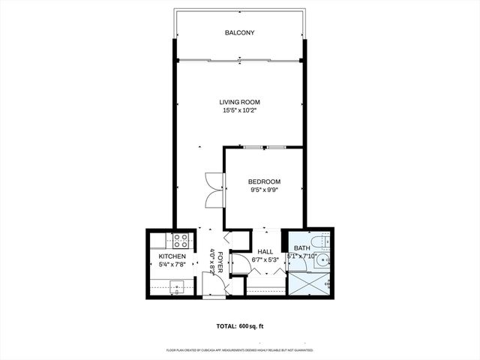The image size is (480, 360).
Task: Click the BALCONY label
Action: coord(240,33)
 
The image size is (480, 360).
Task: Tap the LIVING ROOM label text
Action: coord(240,102)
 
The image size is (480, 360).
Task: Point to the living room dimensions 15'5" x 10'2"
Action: coord(240,111)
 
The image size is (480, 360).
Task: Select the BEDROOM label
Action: coord(265,181)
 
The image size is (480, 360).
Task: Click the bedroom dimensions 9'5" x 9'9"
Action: coord(265,190)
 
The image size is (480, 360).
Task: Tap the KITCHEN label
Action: coord(172,256)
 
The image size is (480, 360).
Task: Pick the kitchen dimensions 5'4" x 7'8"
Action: coord(172,265)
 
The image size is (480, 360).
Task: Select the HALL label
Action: coord(265,252)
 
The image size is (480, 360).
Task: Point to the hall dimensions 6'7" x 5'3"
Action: coord(265,260)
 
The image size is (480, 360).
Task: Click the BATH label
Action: coord(301,248)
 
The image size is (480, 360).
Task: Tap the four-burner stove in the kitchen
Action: coord(180,241)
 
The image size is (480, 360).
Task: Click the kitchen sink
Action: coord(178,286)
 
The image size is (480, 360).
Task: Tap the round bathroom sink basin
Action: coord(320,261)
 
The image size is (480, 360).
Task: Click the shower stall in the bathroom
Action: coord(308,283)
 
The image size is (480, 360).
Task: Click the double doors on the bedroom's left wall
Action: coord(214,190)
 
